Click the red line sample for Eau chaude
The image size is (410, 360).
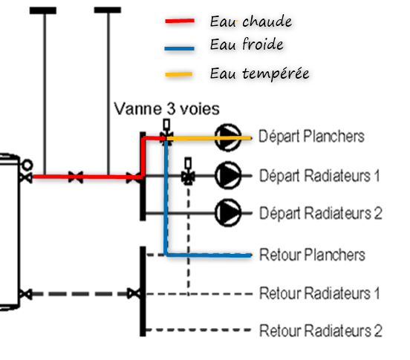tap(180, 21)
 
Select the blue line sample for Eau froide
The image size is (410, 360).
tap(180, 48)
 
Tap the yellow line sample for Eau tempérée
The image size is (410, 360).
tap(179, 74)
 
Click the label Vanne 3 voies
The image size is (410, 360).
tap(166, 108)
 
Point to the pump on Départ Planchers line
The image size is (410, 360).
tap(228, 137)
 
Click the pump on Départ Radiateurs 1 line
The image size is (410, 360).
tap(228, 176)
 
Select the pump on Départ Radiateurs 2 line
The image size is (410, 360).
tap(228, 213)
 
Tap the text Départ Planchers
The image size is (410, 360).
tap(311, 137)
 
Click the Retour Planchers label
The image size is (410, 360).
tap(312, 255)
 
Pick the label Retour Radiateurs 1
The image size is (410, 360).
tap(319, 293)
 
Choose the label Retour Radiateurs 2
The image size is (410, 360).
tap(321, 331)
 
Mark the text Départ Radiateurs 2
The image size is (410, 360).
tap(321, 213)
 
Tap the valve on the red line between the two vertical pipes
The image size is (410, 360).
tap(76, 177)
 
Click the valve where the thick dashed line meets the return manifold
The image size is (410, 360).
tap(134, 294)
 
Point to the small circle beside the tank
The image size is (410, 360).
tap(27, 165)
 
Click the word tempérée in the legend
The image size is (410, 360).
tap(276, 73)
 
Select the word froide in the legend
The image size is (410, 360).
tap(262, 44)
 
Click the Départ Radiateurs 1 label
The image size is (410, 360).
tap(319, 176)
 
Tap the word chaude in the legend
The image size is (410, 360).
tap(267, 22)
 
